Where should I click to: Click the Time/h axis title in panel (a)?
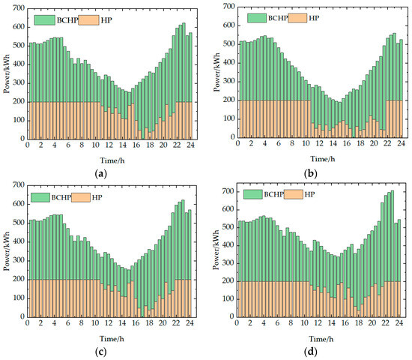[111, 158]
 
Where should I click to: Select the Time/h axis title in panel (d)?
[323, 337]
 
